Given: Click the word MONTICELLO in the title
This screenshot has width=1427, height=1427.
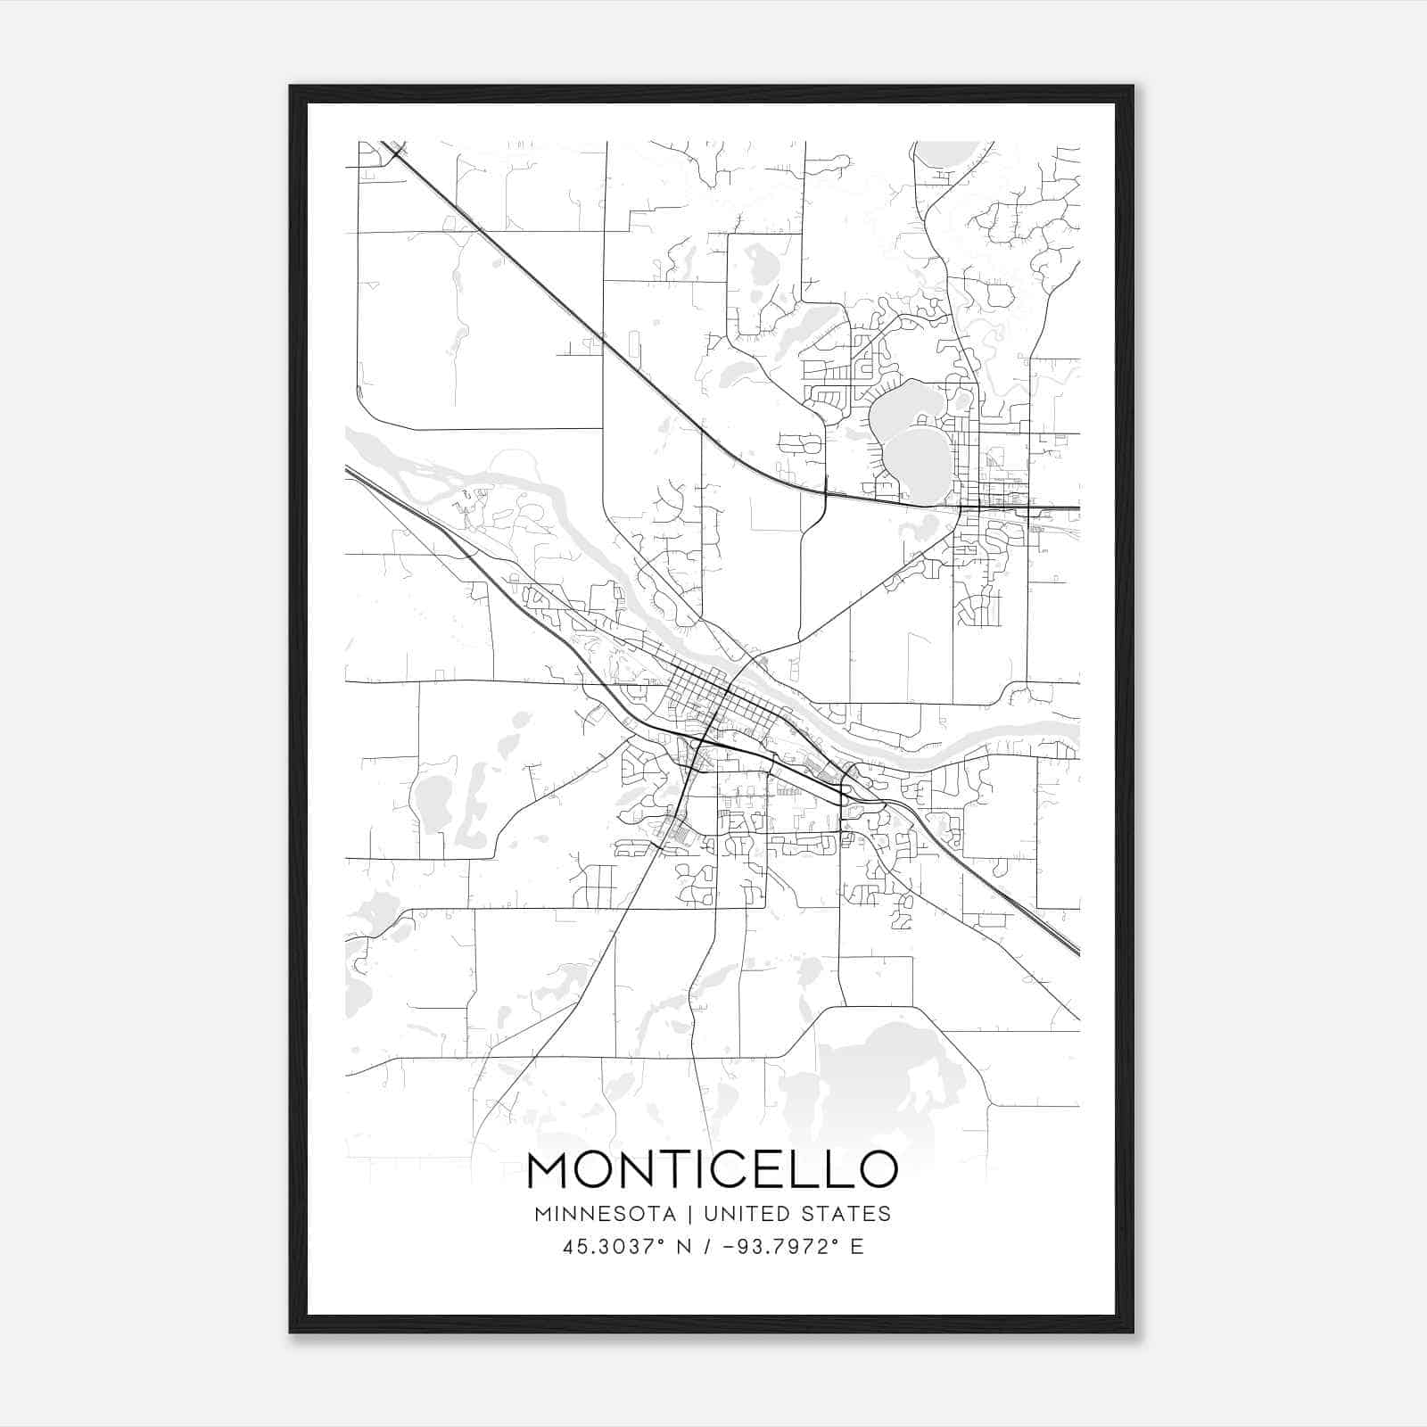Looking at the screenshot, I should pos(712,1170).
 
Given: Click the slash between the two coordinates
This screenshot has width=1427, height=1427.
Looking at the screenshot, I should pos(706,1247).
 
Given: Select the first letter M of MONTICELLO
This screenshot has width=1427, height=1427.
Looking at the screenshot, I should pos(548,1170).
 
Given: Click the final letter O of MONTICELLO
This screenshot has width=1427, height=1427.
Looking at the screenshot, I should pos(878,1170).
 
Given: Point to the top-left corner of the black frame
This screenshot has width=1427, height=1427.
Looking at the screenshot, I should pos(291,87).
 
